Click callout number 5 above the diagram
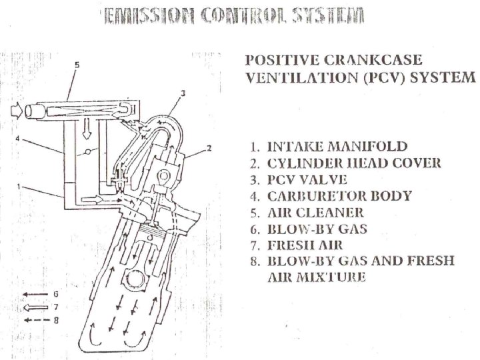click(x=77, y=65)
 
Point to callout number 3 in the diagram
click(x=183, y=91)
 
